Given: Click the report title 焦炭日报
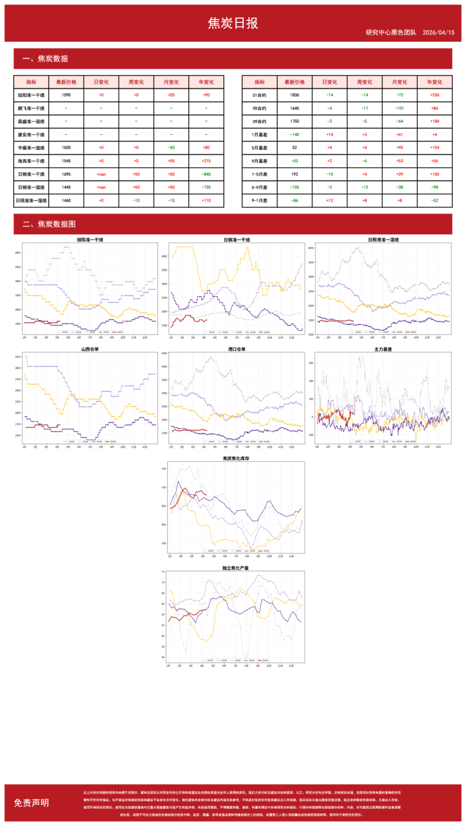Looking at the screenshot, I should click(x=233, y=24).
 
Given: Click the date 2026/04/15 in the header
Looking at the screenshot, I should click(x=437, y=32).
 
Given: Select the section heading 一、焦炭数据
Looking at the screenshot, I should click(x=45, y=59).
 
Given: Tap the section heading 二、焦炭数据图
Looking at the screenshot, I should click(x=50, y=224).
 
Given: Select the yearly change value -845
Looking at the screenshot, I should click(x=206, y=173).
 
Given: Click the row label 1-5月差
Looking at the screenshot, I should click(x=260, y=173).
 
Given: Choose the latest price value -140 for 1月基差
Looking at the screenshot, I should click(x=295, y=134).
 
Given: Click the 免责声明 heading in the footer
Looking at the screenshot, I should click(x=31, y=802).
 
